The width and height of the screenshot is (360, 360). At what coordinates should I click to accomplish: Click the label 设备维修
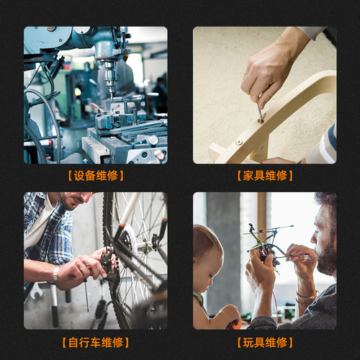coord(95,176)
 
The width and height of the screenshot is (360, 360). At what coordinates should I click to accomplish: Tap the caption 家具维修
coord(264,176)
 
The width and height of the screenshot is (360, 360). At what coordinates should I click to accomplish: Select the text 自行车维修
coord(95,342)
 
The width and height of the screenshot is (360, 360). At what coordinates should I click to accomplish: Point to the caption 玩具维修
coord(264,342)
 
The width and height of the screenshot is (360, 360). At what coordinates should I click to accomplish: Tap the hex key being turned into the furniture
coord(260,110)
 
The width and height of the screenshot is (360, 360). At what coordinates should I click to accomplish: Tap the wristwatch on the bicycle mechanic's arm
coord(55,275)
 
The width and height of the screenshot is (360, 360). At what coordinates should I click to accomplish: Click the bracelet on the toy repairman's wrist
coord(307,296)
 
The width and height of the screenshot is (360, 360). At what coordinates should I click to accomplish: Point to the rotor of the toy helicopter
coord(270,230)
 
